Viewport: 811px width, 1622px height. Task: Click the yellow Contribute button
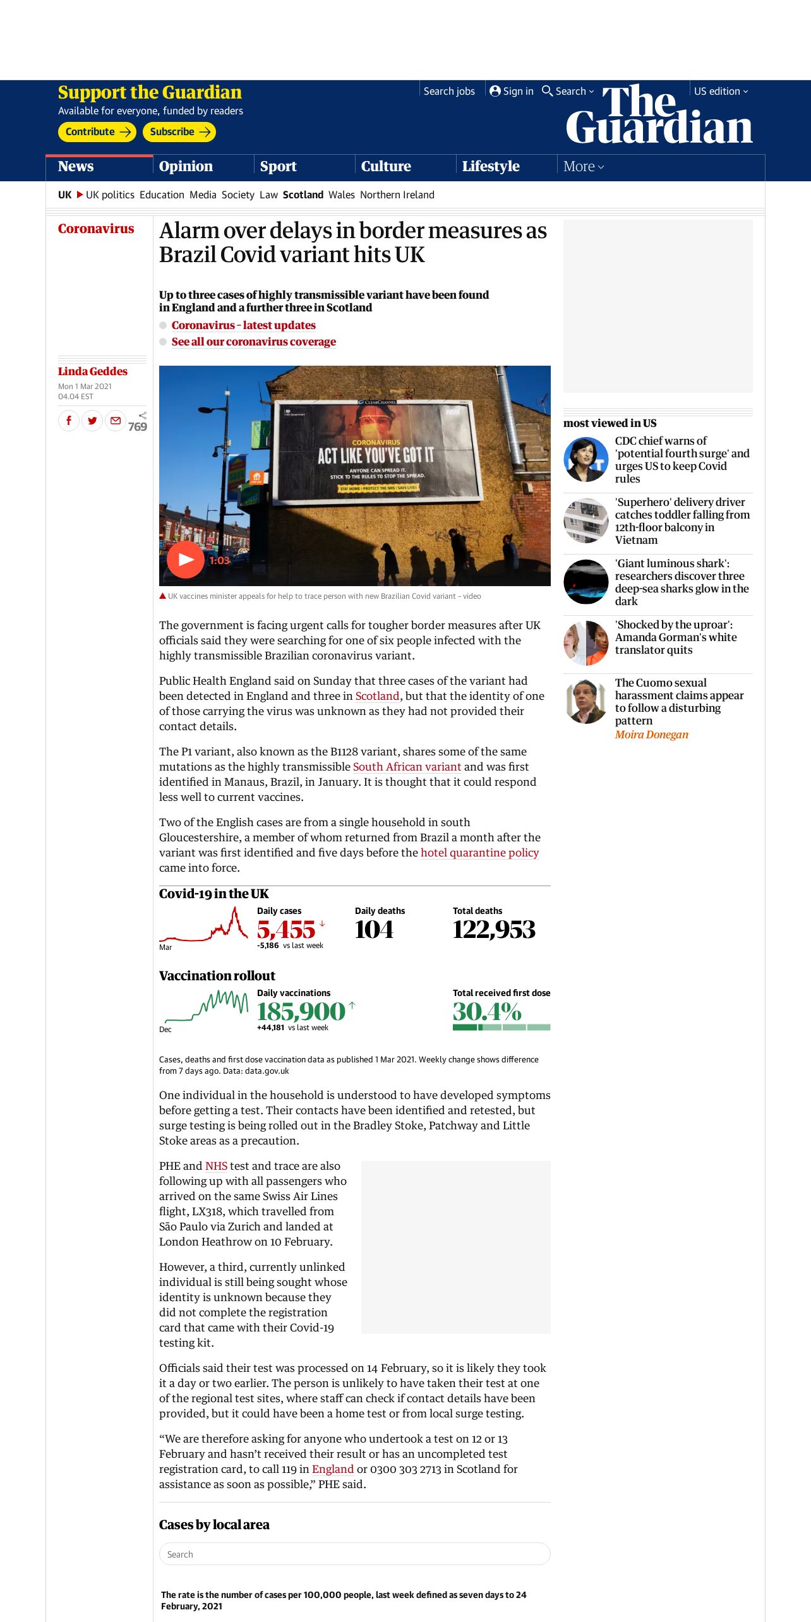click(x=97, y=132)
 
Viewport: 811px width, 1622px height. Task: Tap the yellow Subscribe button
click(x=179, y=132)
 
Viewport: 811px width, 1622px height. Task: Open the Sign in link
click(x=512, y=92)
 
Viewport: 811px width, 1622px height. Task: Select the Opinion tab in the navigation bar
click(x=186, y=167)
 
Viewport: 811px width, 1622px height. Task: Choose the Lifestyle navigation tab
click(x=491, y=167)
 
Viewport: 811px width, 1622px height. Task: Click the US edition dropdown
click(x=721, y=92)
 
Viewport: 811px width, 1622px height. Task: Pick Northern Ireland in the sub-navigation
click(x=397, y=195)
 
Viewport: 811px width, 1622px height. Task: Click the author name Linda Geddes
click(x=93, y=371)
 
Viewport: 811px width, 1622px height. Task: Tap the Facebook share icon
click(x=69, y=420)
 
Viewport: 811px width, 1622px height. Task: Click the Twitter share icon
click(x=92, y=420)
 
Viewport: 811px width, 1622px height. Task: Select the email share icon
click(x=115, y=420)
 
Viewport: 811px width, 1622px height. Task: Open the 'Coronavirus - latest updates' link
click(x=244, y=325)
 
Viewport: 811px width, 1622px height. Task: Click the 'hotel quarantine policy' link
click(x=479, y=853)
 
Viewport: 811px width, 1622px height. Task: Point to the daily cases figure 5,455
click(x=286, y=930)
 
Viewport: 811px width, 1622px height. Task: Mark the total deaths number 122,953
click(x=494, y=930)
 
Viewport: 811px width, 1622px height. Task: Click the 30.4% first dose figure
click(x=487, y=1012)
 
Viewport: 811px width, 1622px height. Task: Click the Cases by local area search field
click(x=354, y=1554)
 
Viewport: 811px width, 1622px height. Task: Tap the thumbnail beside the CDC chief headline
click(x=586, y=459)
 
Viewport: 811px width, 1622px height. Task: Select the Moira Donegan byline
click(x=651, y=735)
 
